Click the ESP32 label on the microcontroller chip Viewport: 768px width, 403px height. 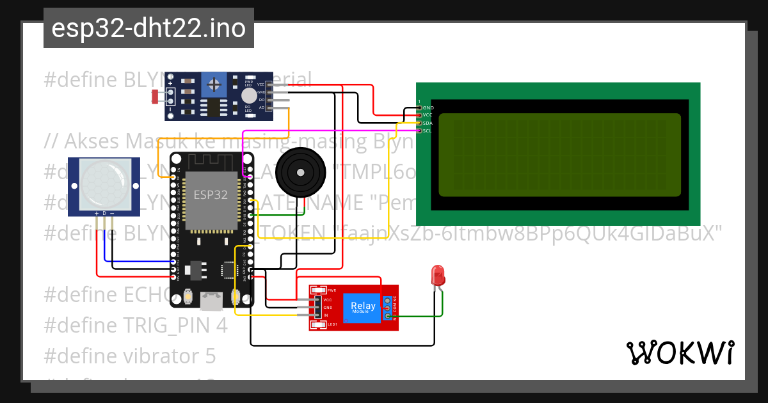tap(211, 195)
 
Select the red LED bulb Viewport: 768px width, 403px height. tap(438, 276)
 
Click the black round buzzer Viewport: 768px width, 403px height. tap(298, 171)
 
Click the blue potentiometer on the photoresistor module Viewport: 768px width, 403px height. tap(214, 84)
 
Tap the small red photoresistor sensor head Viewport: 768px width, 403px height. tap(155, 96)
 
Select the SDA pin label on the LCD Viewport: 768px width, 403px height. tap(428, 123)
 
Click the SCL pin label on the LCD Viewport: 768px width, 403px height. tap(427, 130)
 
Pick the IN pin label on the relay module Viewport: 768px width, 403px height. tap(326, 315)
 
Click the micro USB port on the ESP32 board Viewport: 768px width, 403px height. tap(211, 300)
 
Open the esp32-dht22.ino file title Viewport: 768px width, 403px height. tap(148, 29)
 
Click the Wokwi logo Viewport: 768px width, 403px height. tap(680, 352)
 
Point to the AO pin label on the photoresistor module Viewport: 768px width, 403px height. tap(261, 108)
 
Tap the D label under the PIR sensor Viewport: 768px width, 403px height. tap(104, 213)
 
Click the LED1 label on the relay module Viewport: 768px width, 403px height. tap(332, 324)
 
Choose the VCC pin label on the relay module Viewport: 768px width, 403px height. tap(328, 299)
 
